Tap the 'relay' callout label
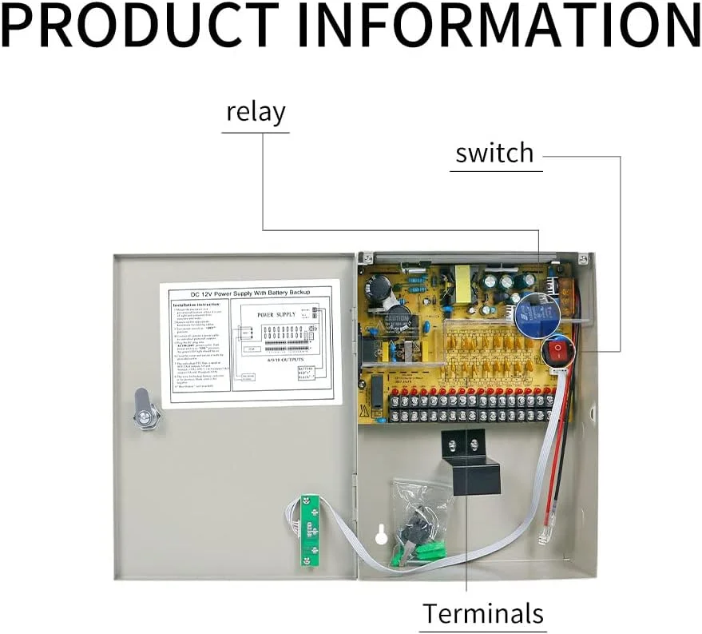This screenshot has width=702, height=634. (256, 112)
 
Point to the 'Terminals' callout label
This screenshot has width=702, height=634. (483, 613)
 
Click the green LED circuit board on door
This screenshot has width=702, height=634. (308, 529)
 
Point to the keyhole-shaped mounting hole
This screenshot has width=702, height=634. (382, 533)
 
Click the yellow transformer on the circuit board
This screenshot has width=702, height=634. (462, 279)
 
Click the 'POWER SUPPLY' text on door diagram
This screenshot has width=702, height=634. (276, 314)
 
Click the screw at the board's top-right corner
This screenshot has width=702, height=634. (582, 259)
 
